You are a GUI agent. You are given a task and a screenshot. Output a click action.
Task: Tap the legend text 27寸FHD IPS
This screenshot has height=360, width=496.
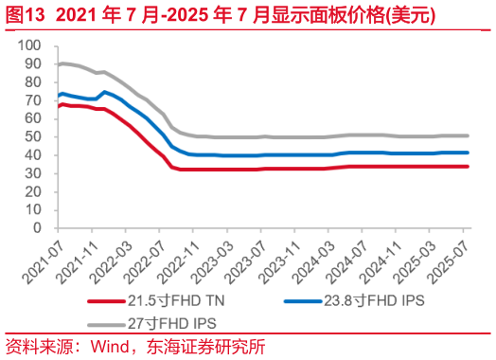168,322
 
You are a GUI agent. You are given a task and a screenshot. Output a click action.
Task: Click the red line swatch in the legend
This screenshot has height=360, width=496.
105,300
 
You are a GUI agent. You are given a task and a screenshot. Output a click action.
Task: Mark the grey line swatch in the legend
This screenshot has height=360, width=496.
105,322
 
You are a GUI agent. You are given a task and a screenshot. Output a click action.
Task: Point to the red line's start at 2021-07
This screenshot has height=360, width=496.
59,106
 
